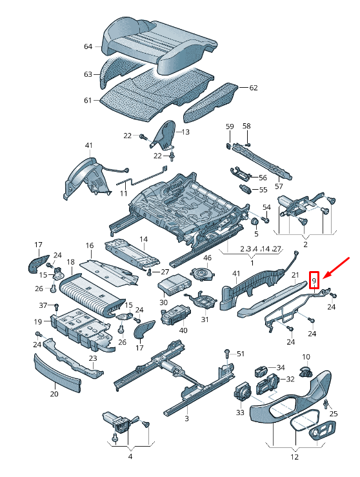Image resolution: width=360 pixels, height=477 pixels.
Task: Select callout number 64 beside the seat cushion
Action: click(x=88, y=46)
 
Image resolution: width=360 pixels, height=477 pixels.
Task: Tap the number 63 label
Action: click(x=88, y=74)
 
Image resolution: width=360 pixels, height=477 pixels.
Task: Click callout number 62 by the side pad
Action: click(x=253, y=88)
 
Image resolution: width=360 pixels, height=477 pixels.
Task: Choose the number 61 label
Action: click(x=88, y=100)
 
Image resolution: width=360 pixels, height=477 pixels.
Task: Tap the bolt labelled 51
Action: click(x=228, y=354)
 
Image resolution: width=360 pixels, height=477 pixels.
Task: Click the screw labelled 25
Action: click(x=326, y=403)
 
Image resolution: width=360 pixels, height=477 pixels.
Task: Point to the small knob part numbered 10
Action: click(x=305, y=372)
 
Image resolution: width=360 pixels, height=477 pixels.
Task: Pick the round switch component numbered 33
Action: click(x=243, y=391)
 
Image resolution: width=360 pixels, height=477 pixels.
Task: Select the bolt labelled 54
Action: click(x=266, y=219)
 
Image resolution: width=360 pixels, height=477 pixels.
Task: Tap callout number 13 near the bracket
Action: click(x=185, y=132)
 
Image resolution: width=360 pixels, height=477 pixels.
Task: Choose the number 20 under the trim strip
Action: click(x=54, y=394)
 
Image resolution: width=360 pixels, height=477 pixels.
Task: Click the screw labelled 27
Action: click(x=149, y=273)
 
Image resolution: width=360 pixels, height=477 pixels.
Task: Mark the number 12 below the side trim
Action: click(x=294, y=457)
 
